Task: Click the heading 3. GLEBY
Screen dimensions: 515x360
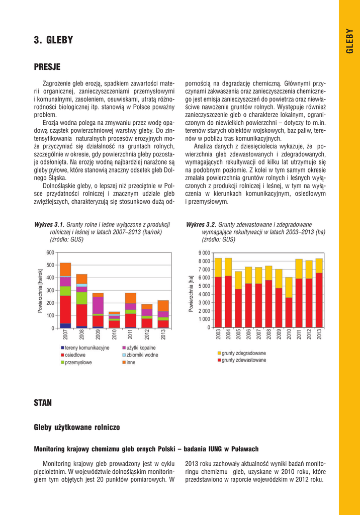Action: pyautogui.click(x=53, y=40)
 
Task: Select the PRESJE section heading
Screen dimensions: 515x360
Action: pyautogui.click(x=47, y=67)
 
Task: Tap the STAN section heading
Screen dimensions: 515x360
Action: pyautogui.click(x=43, y=402)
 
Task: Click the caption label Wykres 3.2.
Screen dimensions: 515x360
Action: pyautogui.click(x=201, y=224)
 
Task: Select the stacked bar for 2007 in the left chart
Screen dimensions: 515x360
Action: pyautogui.click(x=65, y=296)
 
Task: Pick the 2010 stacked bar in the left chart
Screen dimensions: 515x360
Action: pyautogui.click(x=115, y=320)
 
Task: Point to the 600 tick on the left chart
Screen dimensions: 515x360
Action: pyautogui.click(x=50, y=252)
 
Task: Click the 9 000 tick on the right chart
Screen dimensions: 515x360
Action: pyautogui.click(x=204, y=252)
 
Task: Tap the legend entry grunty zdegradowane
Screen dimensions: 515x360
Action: pyautogui.click(x=241, y=353)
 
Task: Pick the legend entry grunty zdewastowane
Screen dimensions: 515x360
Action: pyautogui.click(x=241, y=360)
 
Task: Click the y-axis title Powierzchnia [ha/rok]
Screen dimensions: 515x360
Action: pyautogui.click(x=40, y=290)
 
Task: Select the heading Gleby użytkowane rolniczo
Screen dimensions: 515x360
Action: pyautogui.click(x=77, y=427)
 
